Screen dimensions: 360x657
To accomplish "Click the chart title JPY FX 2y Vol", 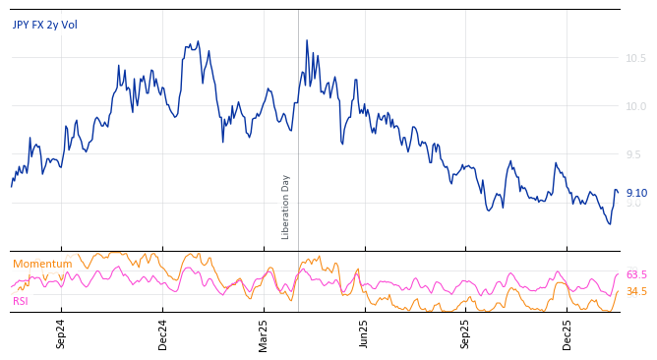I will (45, 25).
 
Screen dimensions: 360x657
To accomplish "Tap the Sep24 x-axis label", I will (61, 333).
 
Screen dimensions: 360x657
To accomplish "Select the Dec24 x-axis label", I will (163, 333).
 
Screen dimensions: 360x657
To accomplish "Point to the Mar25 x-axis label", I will (264, 333).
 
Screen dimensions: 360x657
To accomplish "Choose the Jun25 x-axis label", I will (364, 333).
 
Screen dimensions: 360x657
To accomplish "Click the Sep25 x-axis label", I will (466, 333).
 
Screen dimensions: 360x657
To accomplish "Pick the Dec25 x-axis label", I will (567, 333).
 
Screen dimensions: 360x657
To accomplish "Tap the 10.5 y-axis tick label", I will (635, 58).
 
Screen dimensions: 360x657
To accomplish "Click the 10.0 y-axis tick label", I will (635, 106).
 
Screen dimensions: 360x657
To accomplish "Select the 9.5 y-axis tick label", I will (635, 154).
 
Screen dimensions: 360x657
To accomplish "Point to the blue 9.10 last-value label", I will (636, 194).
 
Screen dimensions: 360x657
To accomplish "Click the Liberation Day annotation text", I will (286, 207).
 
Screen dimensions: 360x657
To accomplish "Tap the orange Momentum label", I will (42, 264).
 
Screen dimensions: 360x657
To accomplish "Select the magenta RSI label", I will (21, 301).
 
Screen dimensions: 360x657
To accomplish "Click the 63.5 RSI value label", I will (636, 275).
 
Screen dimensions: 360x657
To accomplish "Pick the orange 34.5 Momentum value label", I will (636, 291).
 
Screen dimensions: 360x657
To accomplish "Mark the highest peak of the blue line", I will (307, 40).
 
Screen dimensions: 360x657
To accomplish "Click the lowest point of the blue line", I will (610, 224).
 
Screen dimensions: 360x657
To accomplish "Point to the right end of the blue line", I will (618, 191).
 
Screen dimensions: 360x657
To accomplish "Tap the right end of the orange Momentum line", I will (618, 290).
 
